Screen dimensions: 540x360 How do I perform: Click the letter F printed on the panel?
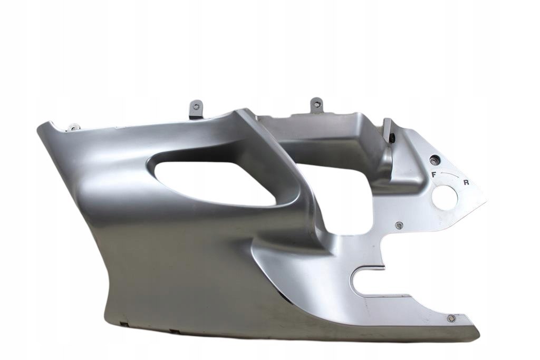[x=434, y=174]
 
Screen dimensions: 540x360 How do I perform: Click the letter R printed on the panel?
[x=466, y=182]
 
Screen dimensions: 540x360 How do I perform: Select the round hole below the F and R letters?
[x=445, y=196]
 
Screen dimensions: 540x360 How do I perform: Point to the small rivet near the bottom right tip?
[x=450, y=319]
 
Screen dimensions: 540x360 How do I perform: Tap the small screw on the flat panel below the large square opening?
[x=399, y=225]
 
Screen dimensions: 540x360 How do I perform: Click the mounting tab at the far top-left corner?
[x=73, y=128]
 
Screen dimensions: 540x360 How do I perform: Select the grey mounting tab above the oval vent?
[x=196, y=109]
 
